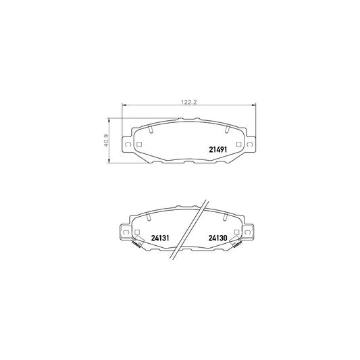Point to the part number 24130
click(217, 238)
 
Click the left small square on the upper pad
click(138, 145)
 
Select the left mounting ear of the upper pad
click(125, 144)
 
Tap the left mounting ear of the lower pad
click(125, 232)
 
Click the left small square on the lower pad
click(138, 232)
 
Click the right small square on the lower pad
click(236, 232)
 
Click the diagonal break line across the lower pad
click(188, 230)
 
